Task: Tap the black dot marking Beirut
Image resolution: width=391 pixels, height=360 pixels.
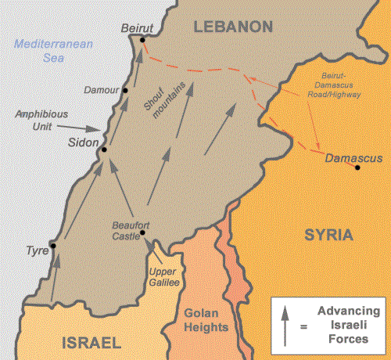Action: (142, 40)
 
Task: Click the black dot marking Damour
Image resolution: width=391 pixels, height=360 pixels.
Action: (124, 92)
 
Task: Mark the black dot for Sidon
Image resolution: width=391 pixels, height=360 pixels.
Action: (102, 148)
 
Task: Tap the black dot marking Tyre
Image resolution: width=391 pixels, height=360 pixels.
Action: (52, 247)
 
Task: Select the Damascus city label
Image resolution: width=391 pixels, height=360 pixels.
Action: (353, 157)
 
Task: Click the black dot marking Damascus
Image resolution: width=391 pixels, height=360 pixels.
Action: (357, 167)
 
